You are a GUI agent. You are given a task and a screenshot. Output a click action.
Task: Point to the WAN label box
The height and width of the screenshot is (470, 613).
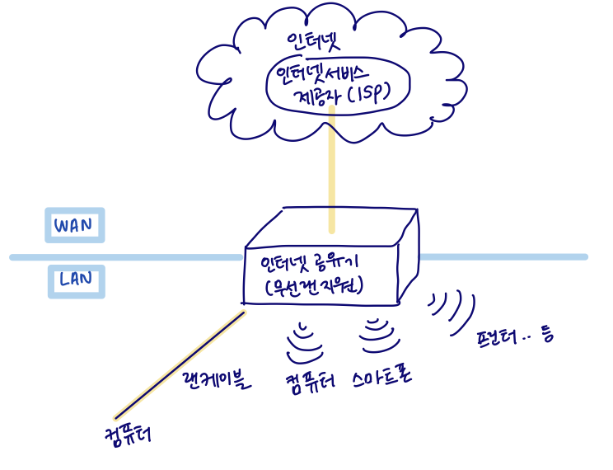click(74, 225)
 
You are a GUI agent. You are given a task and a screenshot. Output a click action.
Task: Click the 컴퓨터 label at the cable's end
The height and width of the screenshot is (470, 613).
click(130, 434)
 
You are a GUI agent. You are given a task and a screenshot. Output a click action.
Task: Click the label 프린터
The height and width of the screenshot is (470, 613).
click(498, 338)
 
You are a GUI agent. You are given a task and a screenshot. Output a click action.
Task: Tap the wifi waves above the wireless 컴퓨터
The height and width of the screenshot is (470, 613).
click(306, 338)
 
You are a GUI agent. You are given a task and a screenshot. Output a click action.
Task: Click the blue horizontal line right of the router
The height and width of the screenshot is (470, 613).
click(503, 257)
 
